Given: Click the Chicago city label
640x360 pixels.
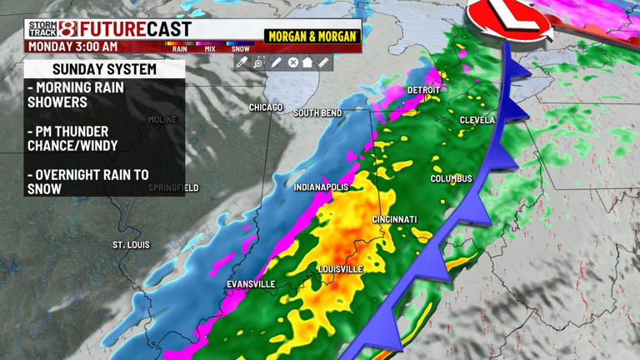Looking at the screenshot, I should click(x=267, y=107).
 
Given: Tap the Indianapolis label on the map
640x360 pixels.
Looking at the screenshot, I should click(x=321, y=187).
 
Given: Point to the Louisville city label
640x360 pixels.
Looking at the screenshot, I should click(x=340, y=269).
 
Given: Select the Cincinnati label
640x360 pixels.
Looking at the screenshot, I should click(x=394, y=219).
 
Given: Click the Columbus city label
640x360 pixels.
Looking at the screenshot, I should click(x=451, y=179).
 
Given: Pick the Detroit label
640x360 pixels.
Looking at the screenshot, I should click(x=423, y=90).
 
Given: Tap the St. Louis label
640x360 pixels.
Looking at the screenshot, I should click(x=131, y=245).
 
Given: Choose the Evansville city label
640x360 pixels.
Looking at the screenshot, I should click(x=251, y=284).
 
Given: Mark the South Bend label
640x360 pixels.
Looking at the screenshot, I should click(x=317, y=112).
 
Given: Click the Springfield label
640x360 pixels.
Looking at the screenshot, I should click(x=173, y=188).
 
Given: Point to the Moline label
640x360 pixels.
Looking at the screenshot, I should click(x=162, y=120).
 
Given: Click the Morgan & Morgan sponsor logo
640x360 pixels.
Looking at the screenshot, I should click(x=312, y=37).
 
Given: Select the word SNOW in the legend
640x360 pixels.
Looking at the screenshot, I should click(x=240, y=49).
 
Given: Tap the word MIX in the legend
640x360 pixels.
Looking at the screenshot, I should click(x=210, y=49).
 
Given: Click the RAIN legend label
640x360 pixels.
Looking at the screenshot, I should click(x=179, y=49).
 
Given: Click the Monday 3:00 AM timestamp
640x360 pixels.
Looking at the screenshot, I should click(x=73, y=47).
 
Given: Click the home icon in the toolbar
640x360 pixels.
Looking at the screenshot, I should click(x=307, y=62).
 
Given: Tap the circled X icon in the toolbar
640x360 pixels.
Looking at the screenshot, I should click(x=292, y=62).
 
